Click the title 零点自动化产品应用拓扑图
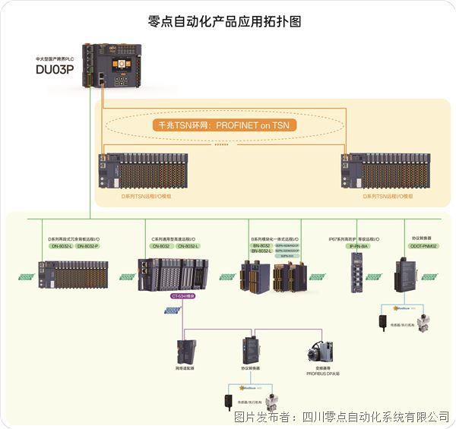click(227, 21)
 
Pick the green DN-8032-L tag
click(61, 246)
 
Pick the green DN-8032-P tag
click(87, 246)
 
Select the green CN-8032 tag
click(161, 246)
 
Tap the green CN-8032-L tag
click(188, 246)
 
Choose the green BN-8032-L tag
click(261, 251)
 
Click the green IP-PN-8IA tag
click(358, 246)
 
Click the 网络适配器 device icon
click(185, 349)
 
